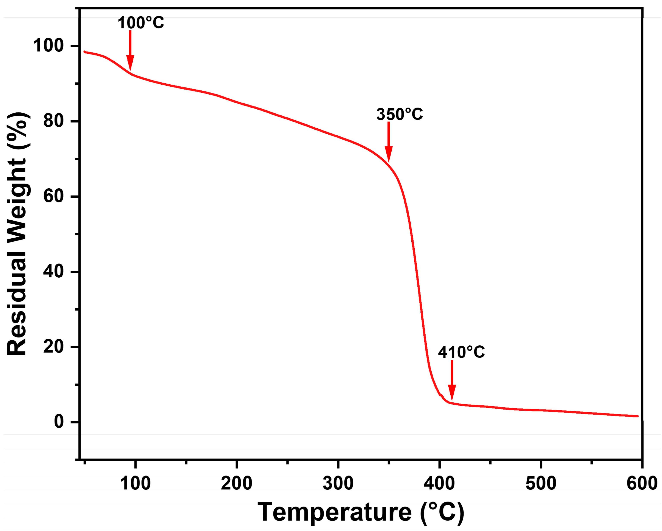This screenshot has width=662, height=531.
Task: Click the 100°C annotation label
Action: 141,23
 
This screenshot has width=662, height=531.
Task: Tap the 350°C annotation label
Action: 400,114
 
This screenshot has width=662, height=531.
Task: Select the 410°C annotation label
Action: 461,352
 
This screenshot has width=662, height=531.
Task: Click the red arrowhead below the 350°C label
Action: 389,154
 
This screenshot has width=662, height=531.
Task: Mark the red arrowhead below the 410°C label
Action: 452,393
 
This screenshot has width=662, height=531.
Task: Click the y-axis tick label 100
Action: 48,46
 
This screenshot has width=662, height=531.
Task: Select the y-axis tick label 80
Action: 53,121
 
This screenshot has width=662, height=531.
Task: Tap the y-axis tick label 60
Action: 53,196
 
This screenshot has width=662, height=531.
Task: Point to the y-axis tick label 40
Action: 53,272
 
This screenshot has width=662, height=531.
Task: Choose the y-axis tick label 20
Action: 53,347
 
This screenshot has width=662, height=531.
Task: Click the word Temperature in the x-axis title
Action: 334,512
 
